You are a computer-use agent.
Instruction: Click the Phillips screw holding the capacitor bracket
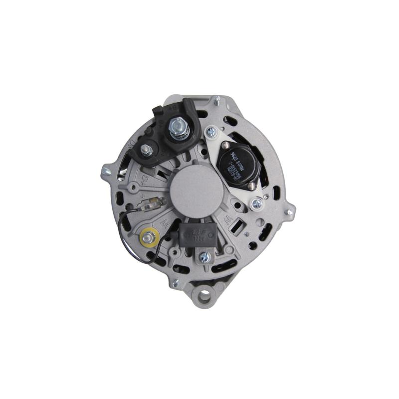203,257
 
